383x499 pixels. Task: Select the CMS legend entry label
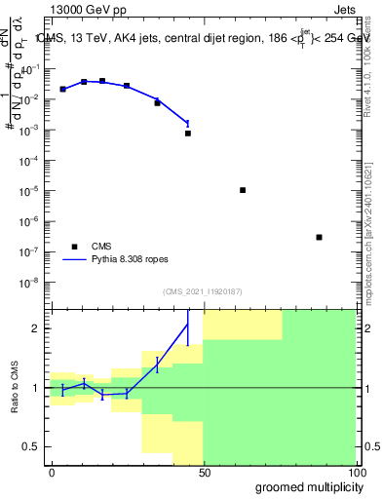(x=102, y=246)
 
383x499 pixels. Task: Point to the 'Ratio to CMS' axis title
(x=16, y=388)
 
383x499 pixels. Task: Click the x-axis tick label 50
(x=203, y=472)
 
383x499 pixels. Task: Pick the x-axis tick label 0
(x=52, y=472)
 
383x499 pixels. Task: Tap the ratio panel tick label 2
(x=38, y=328)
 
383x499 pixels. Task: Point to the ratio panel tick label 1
(x=38, y=388)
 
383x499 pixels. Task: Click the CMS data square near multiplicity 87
(x=319, y=237)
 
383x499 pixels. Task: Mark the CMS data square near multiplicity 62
(x=243, y=190)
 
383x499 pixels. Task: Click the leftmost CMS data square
(x=62, y=89)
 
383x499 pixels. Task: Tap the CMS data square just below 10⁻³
(x=188, y=133)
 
